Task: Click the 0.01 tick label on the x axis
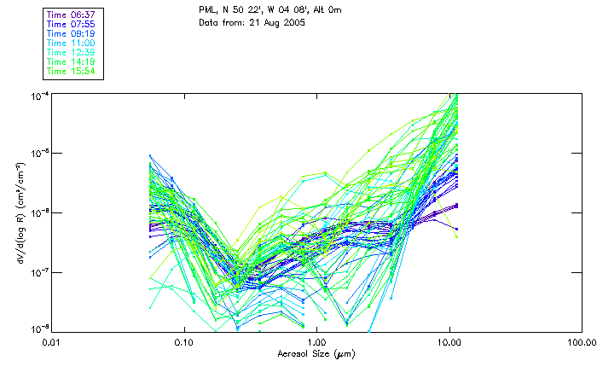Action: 52,342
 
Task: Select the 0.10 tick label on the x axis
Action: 184,342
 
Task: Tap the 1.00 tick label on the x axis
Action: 316,342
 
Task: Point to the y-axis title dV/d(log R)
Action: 20,212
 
